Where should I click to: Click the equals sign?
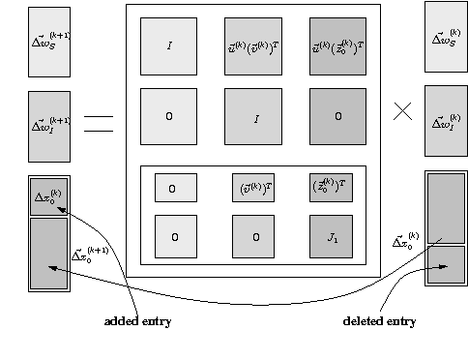(x=99, y=123)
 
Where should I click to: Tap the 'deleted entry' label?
(x=380, y=320)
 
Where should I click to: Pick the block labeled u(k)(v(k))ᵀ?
(x=254, y=46)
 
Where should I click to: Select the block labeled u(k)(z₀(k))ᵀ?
(x=338, y=46)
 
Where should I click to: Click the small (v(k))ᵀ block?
(x=254, y=188)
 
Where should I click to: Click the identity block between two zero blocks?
(x=254, y=117)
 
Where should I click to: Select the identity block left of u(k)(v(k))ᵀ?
(x=169, y=46)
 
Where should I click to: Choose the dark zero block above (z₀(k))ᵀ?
(x=338, y=116)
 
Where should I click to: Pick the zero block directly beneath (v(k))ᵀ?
(x=254, y=236)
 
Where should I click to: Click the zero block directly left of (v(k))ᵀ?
(x=175, y=188)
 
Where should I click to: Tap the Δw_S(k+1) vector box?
(x=49, y=43)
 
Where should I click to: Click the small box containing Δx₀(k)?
(x=49, y=196)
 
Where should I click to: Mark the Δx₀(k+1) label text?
(x=90, y=256)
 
